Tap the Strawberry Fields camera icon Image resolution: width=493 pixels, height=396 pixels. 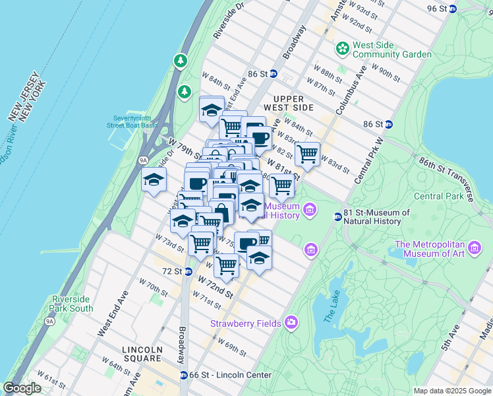coord(291,323)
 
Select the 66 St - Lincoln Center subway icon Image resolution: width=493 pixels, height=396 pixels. coord(183,375)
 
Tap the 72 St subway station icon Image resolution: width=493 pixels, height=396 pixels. coord(188,271)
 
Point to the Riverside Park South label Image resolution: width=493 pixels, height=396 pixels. coord(72,304)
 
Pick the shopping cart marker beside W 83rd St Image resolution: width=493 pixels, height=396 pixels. coord(307,154)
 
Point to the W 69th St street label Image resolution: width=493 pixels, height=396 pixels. coord(230,349)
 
